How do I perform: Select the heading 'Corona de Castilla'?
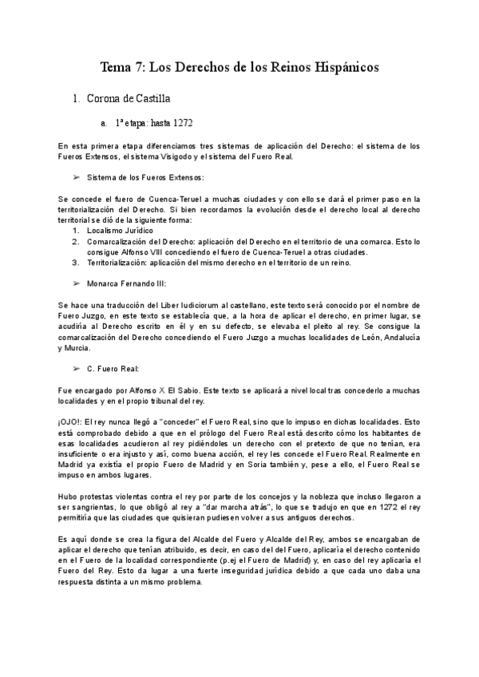(x=128, y=98)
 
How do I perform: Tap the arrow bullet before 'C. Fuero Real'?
(x=77, y=368)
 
